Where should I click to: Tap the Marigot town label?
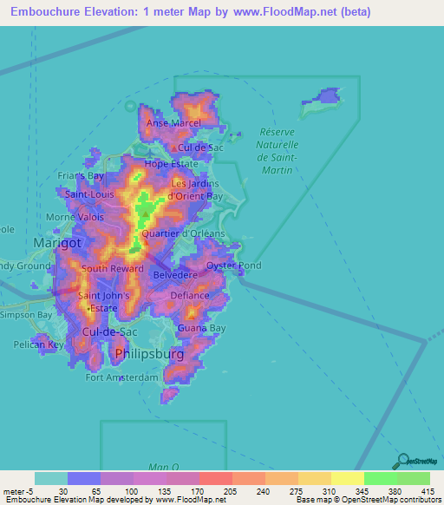pyautogui.click(x=56, y=243)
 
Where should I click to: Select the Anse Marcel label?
pyautogui.click(x=173, y=123)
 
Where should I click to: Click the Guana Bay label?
pyautogui.click(x=201, y=328)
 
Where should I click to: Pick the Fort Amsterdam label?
pyautogui.click(x=122, y=377)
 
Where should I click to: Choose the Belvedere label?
pyautogui.click(x=175, y=275)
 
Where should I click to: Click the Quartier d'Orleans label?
pyautogui.click(x=183, y=233)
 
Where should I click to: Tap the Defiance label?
pyautogui.click(x=189, y=295)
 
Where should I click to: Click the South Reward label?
pyautogui.click(x=112, y=269)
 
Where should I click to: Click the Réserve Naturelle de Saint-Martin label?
pyautogui.click(x=278, y=151)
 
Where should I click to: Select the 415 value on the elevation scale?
pyautogui.click(x=428, y=491)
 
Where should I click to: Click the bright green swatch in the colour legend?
pyautogui.click(x=380, y=478)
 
